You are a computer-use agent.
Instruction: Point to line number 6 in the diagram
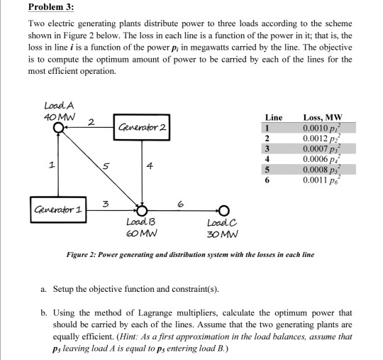coord(182,203)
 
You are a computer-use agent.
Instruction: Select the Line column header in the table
coord(274,116)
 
